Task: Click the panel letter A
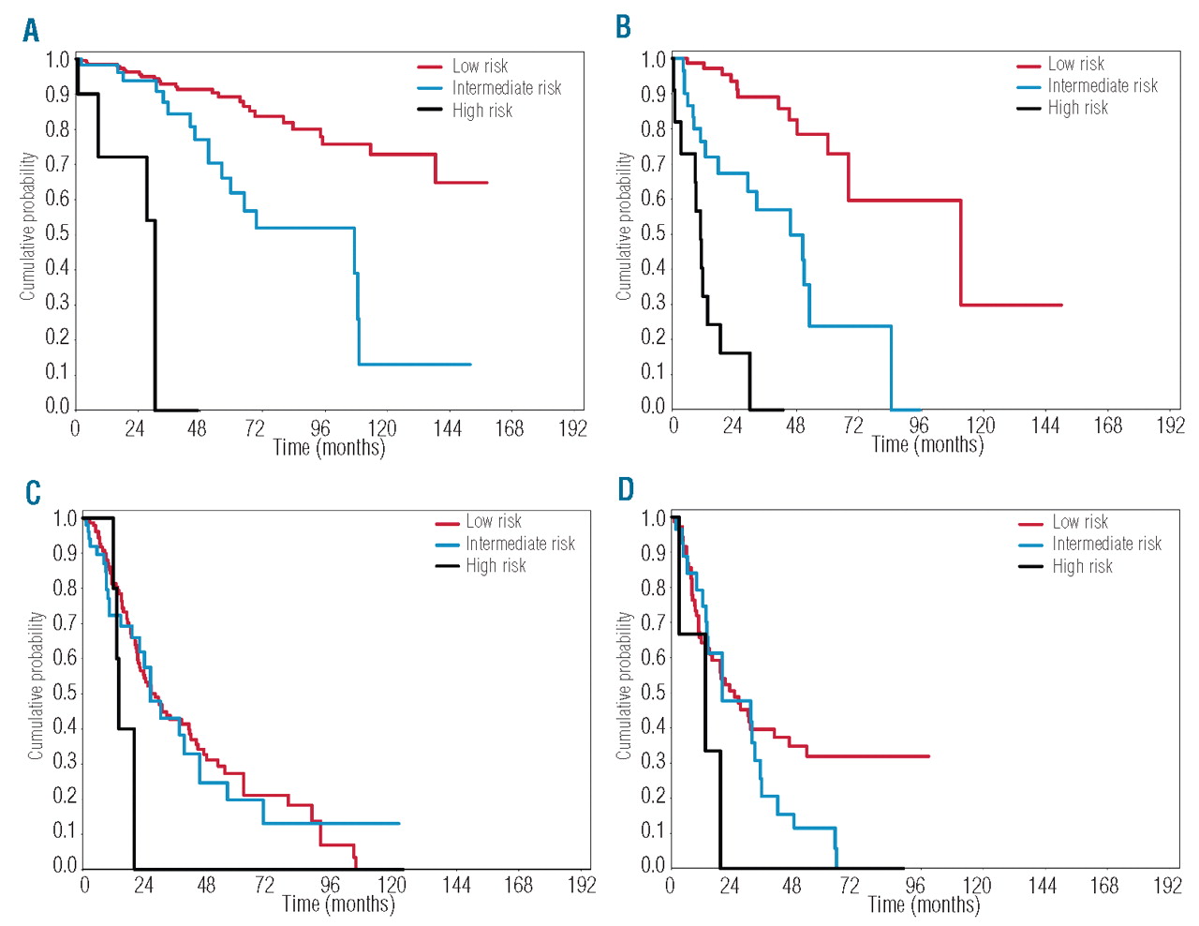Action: (x=31, y=31)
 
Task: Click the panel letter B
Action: (x=623, y=27)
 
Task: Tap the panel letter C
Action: (x=33, y=492)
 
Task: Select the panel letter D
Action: (x=626, y=489)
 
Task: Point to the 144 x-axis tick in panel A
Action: (x=448, y=429)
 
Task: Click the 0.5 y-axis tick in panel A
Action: (x=58, y=233)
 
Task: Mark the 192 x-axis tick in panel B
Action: (x=1170, y=426)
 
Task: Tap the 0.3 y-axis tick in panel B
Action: (x=653, y=303)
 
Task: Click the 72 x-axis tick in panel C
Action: (x=265, y=885)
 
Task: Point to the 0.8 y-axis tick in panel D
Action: (x=653, y=589)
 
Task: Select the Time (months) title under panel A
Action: (x=329, y=448)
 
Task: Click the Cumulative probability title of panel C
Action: (x=36, y=685)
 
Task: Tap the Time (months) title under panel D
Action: (x=924, y=904)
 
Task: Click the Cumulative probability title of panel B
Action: (x=624, y=227)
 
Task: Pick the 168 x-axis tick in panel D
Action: (x=1104, y=886)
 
